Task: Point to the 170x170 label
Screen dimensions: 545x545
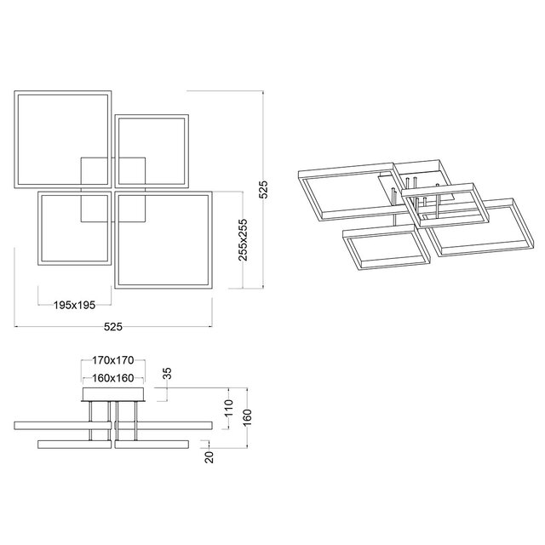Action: point(113,361)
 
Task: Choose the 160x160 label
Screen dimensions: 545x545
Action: point(113,376)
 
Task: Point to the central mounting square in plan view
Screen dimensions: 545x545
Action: point(112,189)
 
